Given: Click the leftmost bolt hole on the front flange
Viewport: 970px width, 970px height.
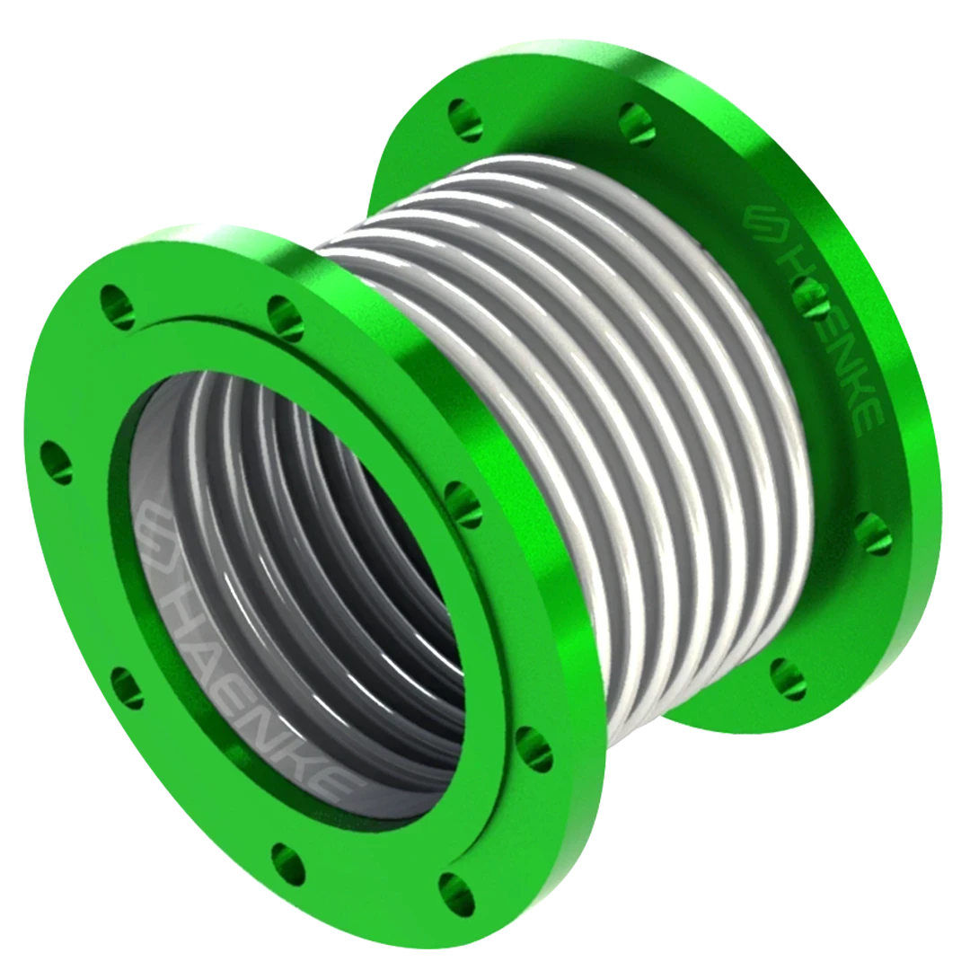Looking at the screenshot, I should click(56, 463).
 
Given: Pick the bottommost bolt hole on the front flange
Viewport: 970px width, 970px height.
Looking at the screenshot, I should click(457, 894).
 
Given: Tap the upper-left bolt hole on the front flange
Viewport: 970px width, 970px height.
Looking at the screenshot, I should click(117, 305).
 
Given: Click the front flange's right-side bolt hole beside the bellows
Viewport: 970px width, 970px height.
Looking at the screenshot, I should click(463, 503).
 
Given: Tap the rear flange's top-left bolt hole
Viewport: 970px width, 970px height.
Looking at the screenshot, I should click(465, 120).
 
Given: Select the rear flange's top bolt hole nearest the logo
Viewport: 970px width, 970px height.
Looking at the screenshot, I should click(636, 122).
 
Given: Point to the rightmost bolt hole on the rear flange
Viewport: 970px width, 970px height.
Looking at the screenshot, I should click(871, 533).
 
